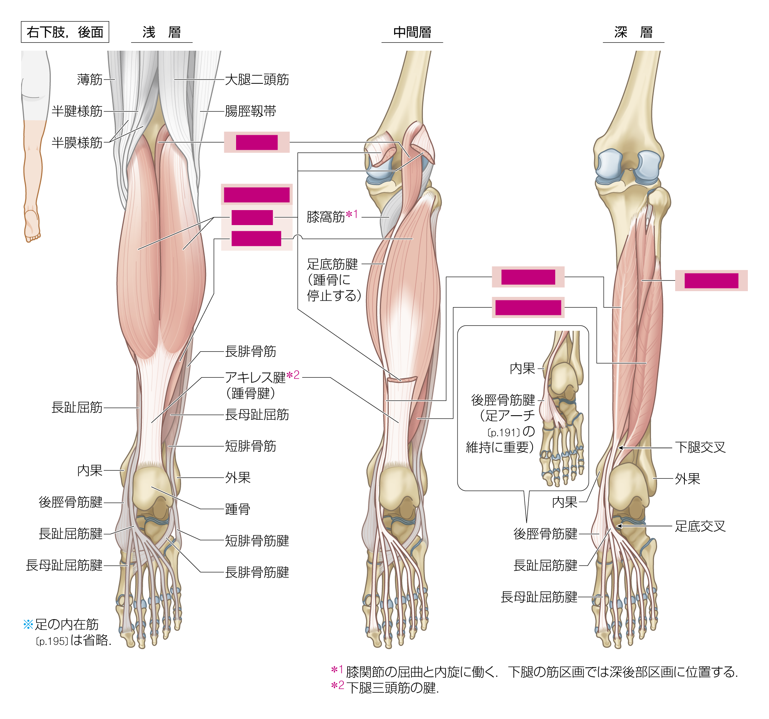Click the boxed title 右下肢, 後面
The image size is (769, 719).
point(65,32)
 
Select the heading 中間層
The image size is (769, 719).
point(412,32)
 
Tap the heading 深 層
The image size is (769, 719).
point(634,32)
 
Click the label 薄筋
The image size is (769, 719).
point(90,80)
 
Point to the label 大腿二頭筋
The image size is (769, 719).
point(257,80)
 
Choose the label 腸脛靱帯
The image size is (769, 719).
point(251,111)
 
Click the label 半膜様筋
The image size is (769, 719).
point(77,143)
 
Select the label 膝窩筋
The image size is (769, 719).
point(326,217)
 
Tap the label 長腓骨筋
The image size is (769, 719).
point(251,351)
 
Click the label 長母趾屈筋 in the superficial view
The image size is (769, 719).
point(257,415)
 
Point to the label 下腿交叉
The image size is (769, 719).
point(700,448)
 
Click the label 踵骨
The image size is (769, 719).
point(238,510)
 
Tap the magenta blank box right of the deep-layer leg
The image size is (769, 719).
point(711,281)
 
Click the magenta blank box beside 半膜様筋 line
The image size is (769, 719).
point(257,142)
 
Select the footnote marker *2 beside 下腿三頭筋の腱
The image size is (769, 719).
point(337,686)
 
